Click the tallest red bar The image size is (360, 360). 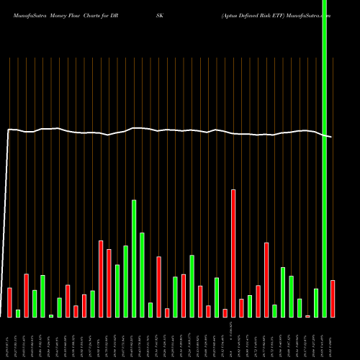click(233, 252)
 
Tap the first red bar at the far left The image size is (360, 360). click(9, 302)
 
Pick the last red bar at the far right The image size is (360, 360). click(333, 299)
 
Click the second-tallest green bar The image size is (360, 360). click(142, 274)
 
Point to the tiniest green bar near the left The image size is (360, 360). click(51, 315)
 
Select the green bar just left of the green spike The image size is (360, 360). click(316, 302)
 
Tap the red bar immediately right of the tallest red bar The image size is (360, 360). click(241, 308)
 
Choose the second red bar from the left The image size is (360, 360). click(26, 295)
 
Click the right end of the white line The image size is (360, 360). click(332, 137)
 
